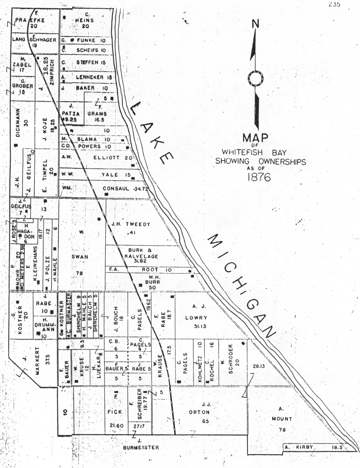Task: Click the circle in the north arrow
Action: [256, 79]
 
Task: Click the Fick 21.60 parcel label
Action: [116, 411]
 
